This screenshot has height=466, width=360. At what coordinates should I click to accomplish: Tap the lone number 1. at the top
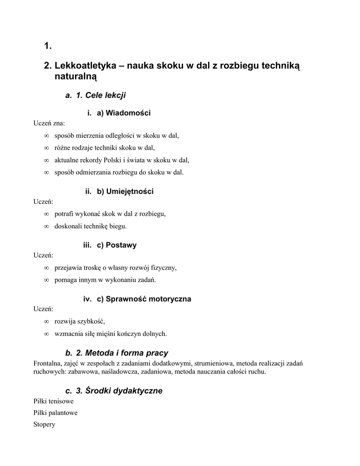click(x=48, y=46)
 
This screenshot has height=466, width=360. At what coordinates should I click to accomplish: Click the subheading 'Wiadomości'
click(x=128, y=113)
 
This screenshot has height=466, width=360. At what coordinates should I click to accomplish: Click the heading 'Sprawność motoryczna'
click(x=148, y=299)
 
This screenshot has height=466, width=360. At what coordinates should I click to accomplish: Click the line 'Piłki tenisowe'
click(x=54, y=401)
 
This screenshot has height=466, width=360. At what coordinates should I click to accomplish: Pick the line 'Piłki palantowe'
click(x=56, y=413)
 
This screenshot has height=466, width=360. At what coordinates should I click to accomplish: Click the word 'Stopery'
click(x=44, y=424)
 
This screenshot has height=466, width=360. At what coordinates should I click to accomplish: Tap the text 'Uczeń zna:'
click(x=49, y=123)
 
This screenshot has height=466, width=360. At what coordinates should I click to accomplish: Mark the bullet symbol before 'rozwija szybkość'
click(x=46, y=322)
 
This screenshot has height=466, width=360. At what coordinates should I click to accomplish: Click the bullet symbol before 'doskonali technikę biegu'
click(x=46, y=226)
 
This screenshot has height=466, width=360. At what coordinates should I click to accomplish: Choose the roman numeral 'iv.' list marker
click(x=87, y=299)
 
